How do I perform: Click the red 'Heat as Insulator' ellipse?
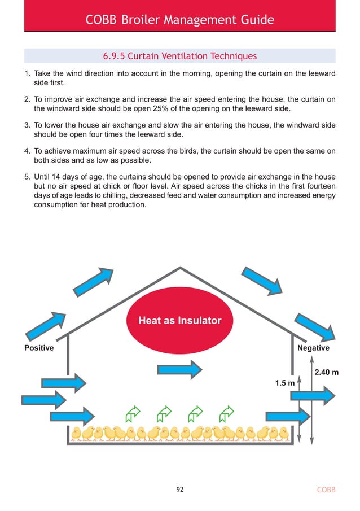[179, 321]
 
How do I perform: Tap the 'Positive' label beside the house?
[39, 348]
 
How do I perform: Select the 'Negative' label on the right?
[313, 348]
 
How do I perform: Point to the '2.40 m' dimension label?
[327, 372]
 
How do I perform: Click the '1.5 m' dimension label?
[284, 383]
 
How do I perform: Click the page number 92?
[180, 490]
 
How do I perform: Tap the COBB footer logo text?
[325, 490]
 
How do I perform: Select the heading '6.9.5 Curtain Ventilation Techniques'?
[179, 56]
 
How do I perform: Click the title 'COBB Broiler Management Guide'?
[179, 20]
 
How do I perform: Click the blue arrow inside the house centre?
[179, 370]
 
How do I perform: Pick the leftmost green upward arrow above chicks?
[133, 413]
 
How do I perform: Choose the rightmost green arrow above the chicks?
[226, 413]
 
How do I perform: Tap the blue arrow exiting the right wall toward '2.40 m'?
[313, 395]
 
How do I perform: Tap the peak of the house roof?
[180, 268]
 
